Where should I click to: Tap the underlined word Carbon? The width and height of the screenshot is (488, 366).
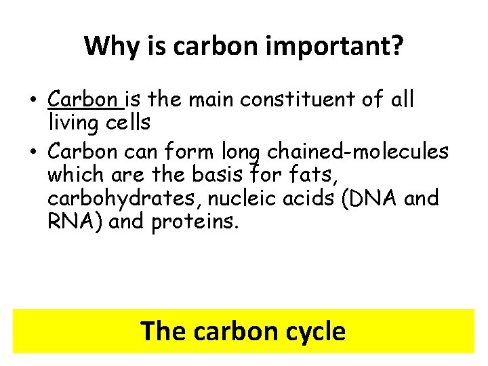pos(83,100)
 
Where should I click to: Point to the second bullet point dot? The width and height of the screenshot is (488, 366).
pos(32,150)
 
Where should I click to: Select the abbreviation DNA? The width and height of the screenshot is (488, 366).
pos(377,198)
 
